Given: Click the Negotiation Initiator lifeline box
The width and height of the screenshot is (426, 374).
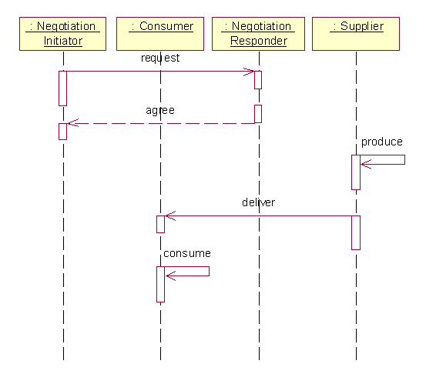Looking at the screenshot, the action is point(62,34).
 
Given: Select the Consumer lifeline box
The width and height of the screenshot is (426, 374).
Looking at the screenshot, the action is point(160,34).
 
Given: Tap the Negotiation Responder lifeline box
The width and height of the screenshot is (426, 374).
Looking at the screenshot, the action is point(258,34).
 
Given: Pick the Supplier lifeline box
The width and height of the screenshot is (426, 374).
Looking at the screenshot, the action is point(356,34).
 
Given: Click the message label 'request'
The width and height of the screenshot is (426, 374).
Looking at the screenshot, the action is point(160,58).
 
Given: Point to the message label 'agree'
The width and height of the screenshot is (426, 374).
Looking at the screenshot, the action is point(160,111).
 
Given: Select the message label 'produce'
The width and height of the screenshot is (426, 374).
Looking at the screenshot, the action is point(382,142).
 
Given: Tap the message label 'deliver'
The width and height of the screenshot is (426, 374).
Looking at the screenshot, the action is point(258,202).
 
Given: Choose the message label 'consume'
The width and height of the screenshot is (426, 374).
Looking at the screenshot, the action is point(187,253).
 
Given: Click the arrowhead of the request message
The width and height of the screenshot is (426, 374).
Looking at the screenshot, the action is point(253,72).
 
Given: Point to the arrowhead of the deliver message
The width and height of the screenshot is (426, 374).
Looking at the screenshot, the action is point(166,216).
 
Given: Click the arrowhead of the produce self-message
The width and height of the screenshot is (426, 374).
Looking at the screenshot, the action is point(361,164).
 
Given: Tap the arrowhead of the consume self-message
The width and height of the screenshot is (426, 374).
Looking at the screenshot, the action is point(166,276).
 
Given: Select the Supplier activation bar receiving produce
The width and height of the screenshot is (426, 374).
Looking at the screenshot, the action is point(356,172).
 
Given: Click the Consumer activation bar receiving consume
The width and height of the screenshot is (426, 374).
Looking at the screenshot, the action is point(160,284).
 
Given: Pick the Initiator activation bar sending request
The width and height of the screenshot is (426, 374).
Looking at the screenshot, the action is point(62,88).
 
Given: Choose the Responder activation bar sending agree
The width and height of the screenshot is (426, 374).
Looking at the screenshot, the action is point(258,114).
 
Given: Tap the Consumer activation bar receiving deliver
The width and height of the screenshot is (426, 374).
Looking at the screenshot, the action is point(160,224).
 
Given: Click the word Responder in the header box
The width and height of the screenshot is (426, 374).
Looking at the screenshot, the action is point(259,41).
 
